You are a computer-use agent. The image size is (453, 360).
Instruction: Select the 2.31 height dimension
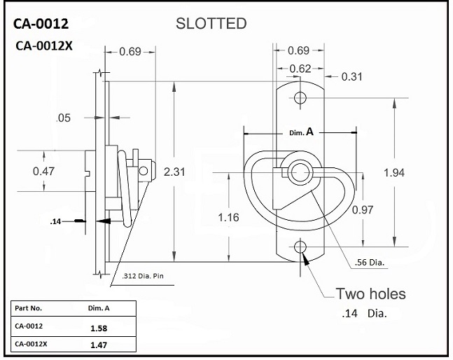(174, 172)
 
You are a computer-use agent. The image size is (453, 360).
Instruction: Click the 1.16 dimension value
(228, 217)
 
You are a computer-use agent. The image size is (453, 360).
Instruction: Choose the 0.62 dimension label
(300, 68)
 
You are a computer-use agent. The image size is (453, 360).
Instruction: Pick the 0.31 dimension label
(351, 76)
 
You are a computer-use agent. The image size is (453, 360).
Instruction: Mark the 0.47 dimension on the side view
(43, 170)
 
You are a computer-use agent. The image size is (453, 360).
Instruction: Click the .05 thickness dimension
(63, 118)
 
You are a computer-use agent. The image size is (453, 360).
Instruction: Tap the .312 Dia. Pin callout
(144, 275)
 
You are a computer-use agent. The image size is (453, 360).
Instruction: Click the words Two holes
(370, 293)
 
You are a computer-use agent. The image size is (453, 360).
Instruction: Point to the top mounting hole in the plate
(300, 97)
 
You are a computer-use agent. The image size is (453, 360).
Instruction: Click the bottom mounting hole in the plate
(300, 246)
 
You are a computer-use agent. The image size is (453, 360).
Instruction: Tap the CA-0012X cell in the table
(33, 344)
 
